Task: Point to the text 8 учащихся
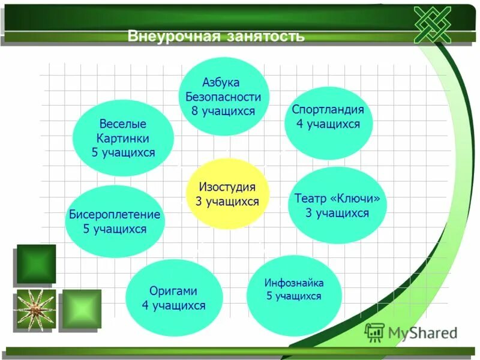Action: (223, 111)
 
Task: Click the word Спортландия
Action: (328, 110)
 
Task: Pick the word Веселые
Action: (123, 124)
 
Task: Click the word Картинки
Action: (123, 138)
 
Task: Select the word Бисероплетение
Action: (115, 214)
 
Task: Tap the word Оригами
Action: (173, 291)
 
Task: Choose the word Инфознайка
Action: (294, 282)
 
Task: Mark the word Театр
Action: (310, 199)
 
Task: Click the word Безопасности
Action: (223, 97)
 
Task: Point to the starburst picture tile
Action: (36, 310)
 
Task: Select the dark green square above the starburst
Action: (36, 263)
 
